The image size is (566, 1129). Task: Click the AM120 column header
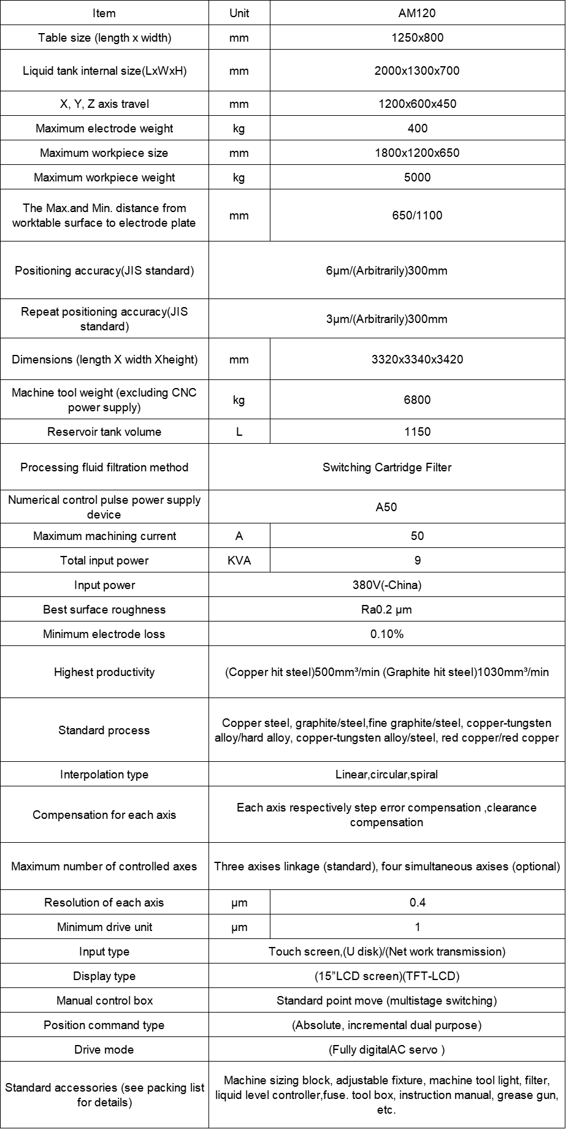coord(417,13)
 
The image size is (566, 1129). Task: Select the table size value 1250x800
coord(417,37)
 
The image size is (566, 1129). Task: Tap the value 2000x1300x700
coord(417,70)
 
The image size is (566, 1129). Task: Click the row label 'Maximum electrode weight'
coord(104,128)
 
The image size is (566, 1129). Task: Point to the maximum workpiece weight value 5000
coord(417,177)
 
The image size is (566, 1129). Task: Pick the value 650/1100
coord(417,215)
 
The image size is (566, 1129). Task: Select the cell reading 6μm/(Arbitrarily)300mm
coord(386,270)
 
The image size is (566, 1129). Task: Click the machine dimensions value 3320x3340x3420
coord(417,359)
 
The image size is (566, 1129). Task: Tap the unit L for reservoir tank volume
coord(239,431)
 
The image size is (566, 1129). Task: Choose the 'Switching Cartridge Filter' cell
coord(386,467)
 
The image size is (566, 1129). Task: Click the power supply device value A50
coord(386,507)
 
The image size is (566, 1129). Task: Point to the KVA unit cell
coord(239,560)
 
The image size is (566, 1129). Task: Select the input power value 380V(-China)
coord(386,585)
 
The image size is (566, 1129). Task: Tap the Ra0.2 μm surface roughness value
coord(386,609)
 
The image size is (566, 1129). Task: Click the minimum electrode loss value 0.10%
coord(386,634)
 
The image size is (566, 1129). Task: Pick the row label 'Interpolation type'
coord(104,774)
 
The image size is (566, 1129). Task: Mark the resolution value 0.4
coord(417,902)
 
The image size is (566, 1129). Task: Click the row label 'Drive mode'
coord(104,1049)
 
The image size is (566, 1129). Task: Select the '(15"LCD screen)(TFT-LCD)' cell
coord(386,976)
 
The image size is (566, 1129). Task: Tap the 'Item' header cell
coord(104,13)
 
